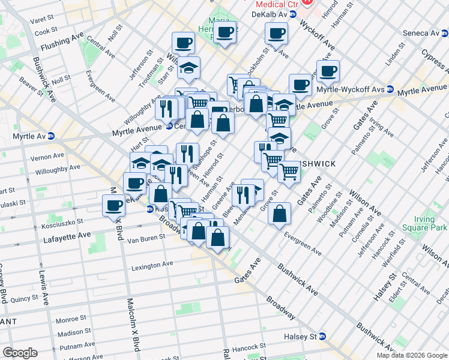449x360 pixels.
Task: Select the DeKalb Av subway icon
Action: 292,14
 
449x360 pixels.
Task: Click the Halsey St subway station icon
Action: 323,336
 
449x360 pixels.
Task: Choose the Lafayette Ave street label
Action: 67,239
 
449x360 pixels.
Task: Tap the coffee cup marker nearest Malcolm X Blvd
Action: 113,206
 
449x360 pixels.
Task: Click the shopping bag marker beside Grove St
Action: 279,214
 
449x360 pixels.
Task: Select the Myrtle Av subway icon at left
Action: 51,136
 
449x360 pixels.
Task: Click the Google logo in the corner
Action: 20,352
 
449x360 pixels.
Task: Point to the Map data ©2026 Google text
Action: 411,355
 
